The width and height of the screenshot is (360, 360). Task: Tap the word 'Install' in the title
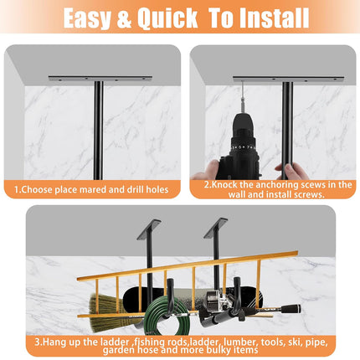pyautogui.click(x=268, y=18)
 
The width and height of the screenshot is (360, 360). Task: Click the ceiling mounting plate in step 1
pyautogui.click(x=100, y=78)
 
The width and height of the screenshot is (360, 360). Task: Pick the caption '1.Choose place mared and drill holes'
pyautogui.click(x=90, y=190)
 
